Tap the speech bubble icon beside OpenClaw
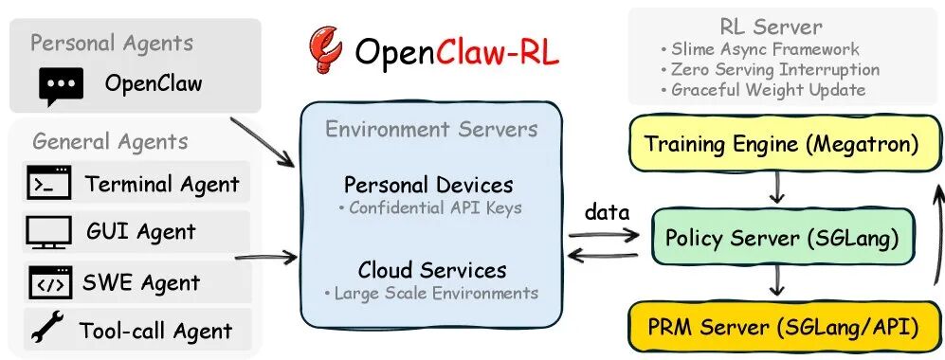point(61,85)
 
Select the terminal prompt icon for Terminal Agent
point(49,183)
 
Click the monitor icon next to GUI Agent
point(49,231)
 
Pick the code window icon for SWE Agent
point(49,281)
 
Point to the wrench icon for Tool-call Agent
point(47,330)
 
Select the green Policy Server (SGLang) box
point(782,237)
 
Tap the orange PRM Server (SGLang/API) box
point(782,329)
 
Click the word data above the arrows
point(606,212)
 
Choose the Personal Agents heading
point(111,43)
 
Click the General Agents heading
point(110,141)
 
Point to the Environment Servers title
point(431,129)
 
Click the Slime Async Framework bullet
point(760,49)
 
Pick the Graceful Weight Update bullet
point(763,90)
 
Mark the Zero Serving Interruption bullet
point(770,70)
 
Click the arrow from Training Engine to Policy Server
point(776,190)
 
